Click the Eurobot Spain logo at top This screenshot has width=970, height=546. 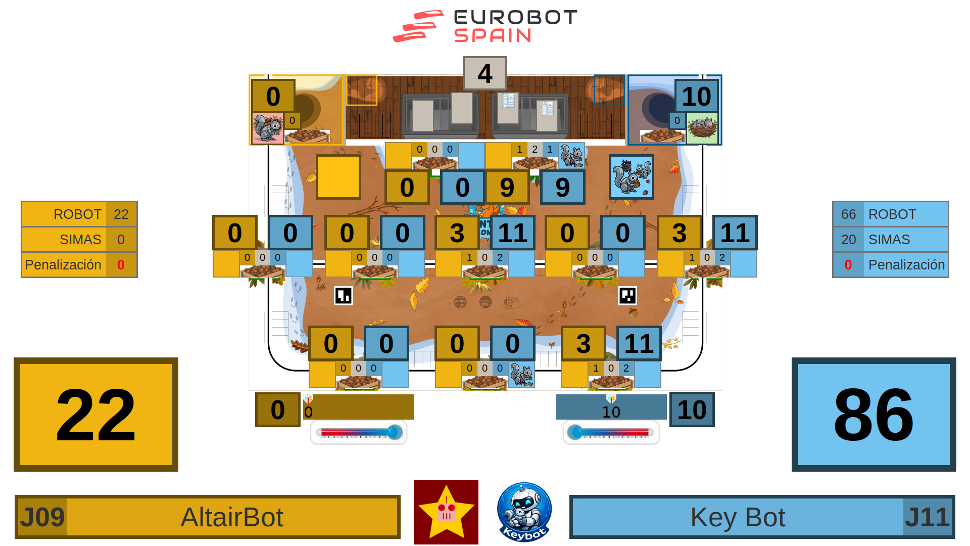click(x=485, y=26)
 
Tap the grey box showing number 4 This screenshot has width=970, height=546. click(x=484, y=74)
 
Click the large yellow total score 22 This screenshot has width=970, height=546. click(x=96, y=415)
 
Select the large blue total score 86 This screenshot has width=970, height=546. click(x=874, y=415)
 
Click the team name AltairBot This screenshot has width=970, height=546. click(x=232, y=517)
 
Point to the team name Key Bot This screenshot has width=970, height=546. click(x=738, y=517)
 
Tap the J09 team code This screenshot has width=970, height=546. click(x=42, y=517)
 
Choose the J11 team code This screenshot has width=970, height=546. click(x=927, y=517)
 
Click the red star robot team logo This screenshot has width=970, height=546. click(x=446, y=512)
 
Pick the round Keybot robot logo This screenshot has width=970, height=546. click(x=524, y=512)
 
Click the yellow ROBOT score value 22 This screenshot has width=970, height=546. click(x=121, y=214)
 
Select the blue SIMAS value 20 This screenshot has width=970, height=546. click(x=848, y=240)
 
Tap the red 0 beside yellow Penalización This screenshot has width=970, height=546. click(x=121, y=265)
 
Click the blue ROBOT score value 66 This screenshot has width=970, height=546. click(x=848, y=214)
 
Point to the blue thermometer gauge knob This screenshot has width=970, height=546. click(x=575, y=432)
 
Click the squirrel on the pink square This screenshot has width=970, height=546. click(x=267, y=128)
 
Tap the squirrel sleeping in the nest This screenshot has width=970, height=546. click(x=702, y=127)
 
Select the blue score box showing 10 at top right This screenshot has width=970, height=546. click(x=696, y=96)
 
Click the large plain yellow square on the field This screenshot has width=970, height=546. click(x=338, y=177)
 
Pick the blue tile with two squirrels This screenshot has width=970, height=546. click(x=631, y=177)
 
